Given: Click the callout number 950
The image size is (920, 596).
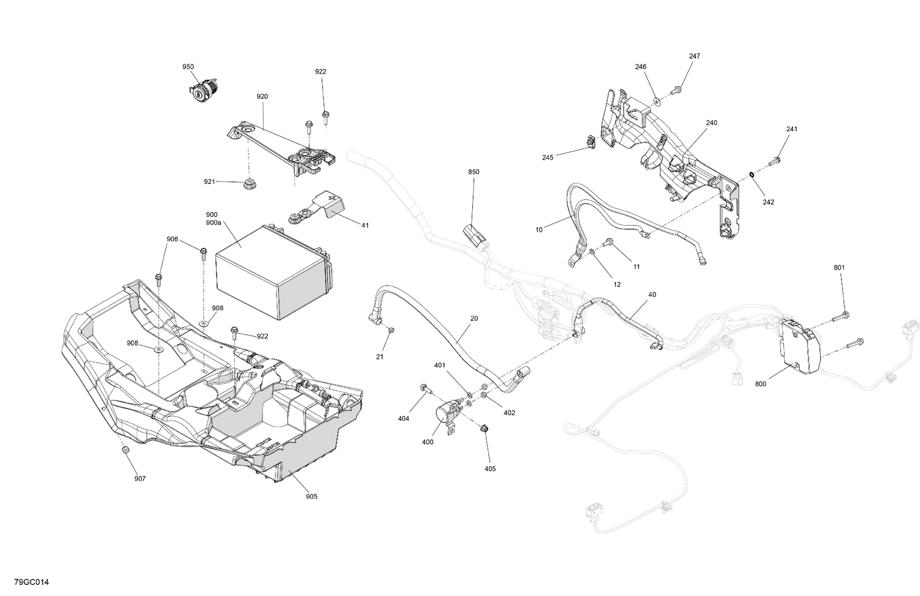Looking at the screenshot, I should pos(188,67).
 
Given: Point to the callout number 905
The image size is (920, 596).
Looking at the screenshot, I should pos(312,497).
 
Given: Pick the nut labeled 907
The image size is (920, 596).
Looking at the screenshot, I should pos(125,450).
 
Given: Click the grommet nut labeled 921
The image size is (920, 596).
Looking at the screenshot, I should pos(249,183).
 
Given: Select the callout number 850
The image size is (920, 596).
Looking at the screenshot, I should pos(473,172).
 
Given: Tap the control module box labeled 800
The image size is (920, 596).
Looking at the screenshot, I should pos(795,346).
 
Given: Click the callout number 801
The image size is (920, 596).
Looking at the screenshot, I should pos(839,268).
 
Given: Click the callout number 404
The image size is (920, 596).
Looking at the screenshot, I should pos(403,419).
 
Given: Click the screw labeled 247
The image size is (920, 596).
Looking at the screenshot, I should pos(678,90).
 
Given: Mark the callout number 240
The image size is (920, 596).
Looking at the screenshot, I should pos(711,123).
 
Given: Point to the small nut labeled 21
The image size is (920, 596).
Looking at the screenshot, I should pos(391,331).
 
